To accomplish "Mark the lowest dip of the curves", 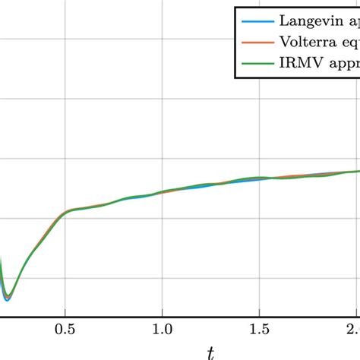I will pos(7,298).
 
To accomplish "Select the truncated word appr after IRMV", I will pos(343,65).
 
